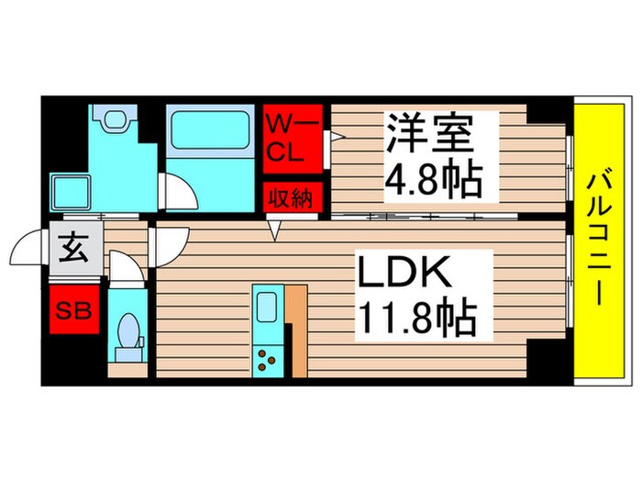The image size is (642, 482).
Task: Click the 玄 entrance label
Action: pos(73,247)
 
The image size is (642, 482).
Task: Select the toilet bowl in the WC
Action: pos(129,331)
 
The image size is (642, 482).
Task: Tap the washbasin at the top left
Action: pos(115,119)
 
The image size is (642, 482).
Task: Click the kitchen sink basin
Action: pos(269,307)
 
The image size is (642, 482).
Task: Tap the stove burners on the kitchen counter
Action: pos(269,358)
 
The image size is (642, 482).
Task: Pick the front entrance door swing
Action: pos(25,247)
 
